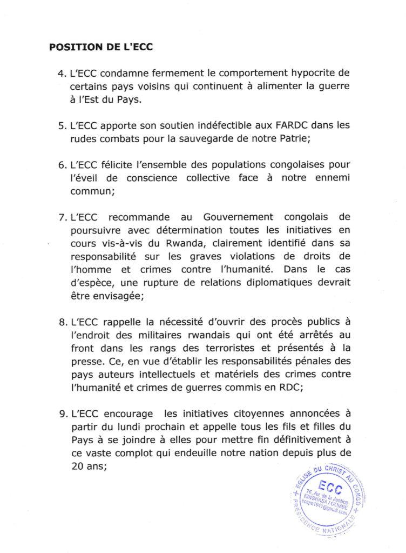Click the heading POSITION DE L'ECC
coord(101,47)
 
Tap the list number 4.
coord(61,73)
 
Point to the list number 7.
coord(61,218)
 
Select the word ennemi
coord(330,178)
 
